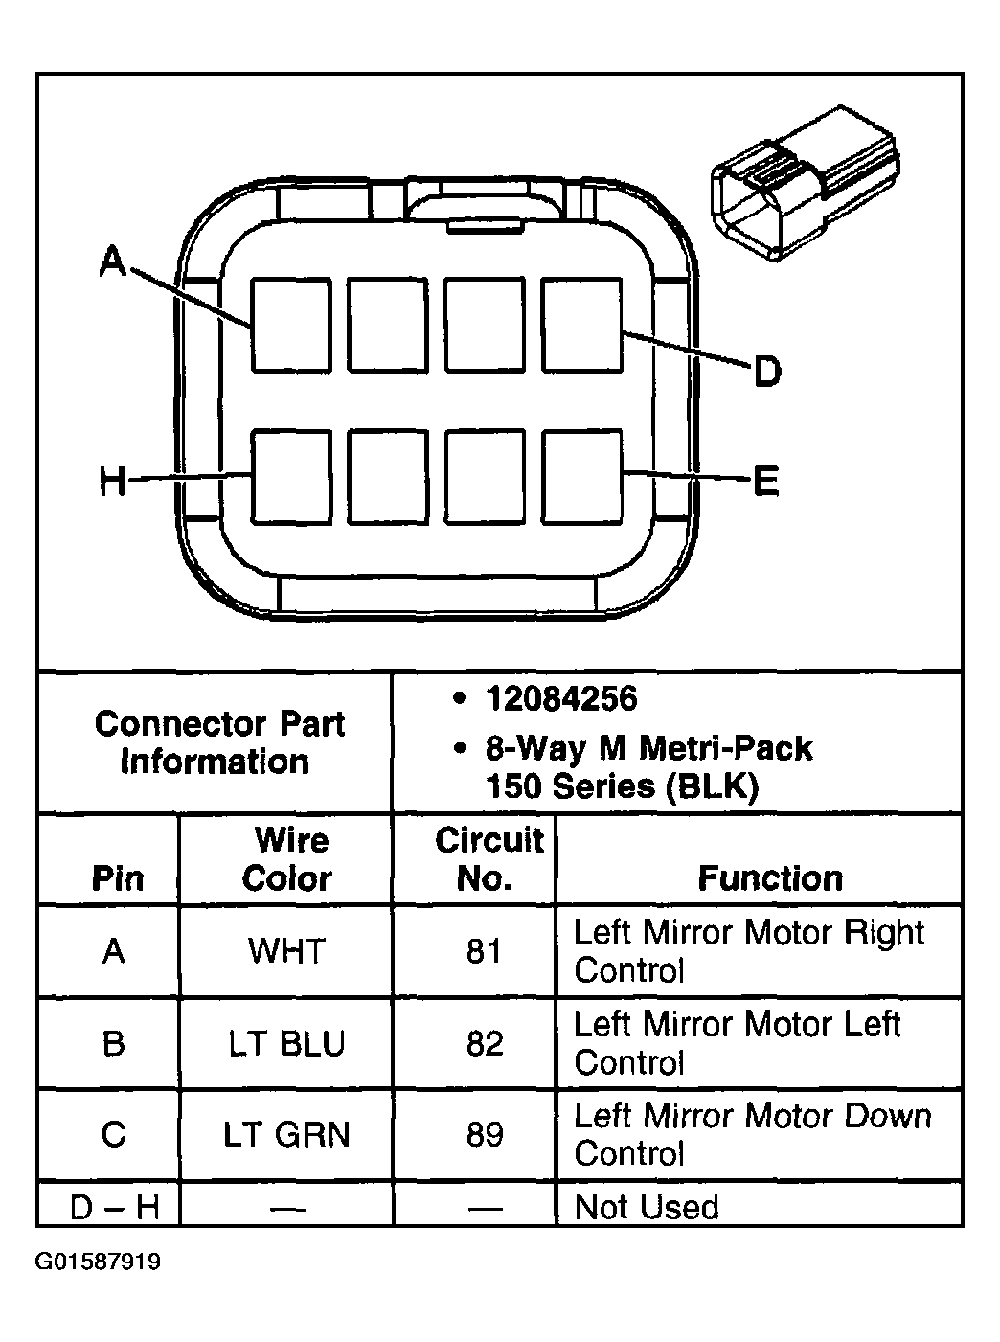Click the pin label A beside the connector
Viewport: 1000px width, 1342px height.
point(113,260)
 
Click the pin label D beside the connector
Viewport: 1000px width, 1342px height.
point(766,371)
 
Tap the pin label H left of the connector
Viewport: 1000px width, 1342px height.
point(113,481)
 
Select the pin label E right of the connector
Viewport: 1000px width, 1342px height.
point(765,481)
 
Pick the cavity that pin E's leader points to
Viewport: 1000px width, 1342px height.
point(581,476)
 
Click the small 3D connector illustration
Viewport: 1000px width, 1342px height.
point(804,181)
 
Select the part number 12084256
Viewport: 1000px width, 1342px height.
point(560,698)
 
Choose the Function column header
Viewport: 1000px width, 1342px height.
point(770,878)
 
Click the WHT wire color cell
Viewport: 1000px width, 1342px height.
point(286,951)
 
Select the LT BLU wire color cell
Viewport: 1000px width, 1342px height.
point(286,1043)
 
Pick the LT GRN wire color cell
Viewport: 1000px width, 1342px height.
point(286,1135)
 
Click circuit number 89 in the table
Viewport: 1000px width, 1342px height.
point(485,1135)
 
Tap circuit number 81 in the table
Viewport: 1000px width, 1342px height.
point(484,951)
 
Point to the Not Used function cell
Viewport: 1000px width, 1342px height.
point(646,1207)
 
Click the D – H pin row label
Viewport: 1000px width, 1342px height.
point(114,1207)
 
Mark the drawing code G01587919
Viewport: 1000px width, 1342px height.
point(98,1262)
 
